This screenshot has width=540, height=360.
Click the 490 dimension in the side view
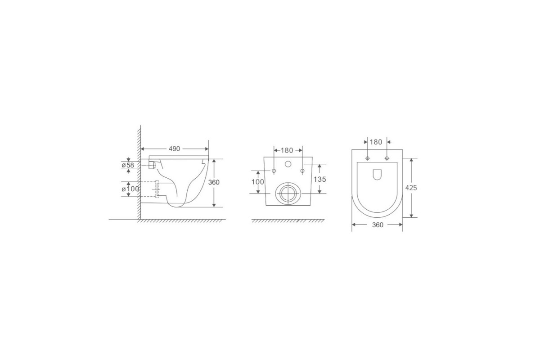174,149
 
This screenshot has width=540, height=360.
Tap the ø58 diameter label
128,165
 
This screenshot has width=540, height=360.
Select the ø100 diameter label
130,189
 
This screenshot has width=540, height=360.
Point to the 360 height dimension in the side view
214,182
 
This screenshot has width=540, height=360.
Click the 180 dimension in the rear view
287,150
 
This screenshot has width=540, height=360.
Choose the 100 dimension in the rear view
258,182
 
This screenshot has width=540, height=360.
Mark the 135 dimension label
320,180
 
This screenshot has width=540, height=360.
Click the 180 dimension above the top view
376,142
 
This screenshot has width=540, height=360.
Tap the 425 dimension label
411,188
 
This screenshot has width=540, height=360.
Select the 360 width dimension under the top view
378,225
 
